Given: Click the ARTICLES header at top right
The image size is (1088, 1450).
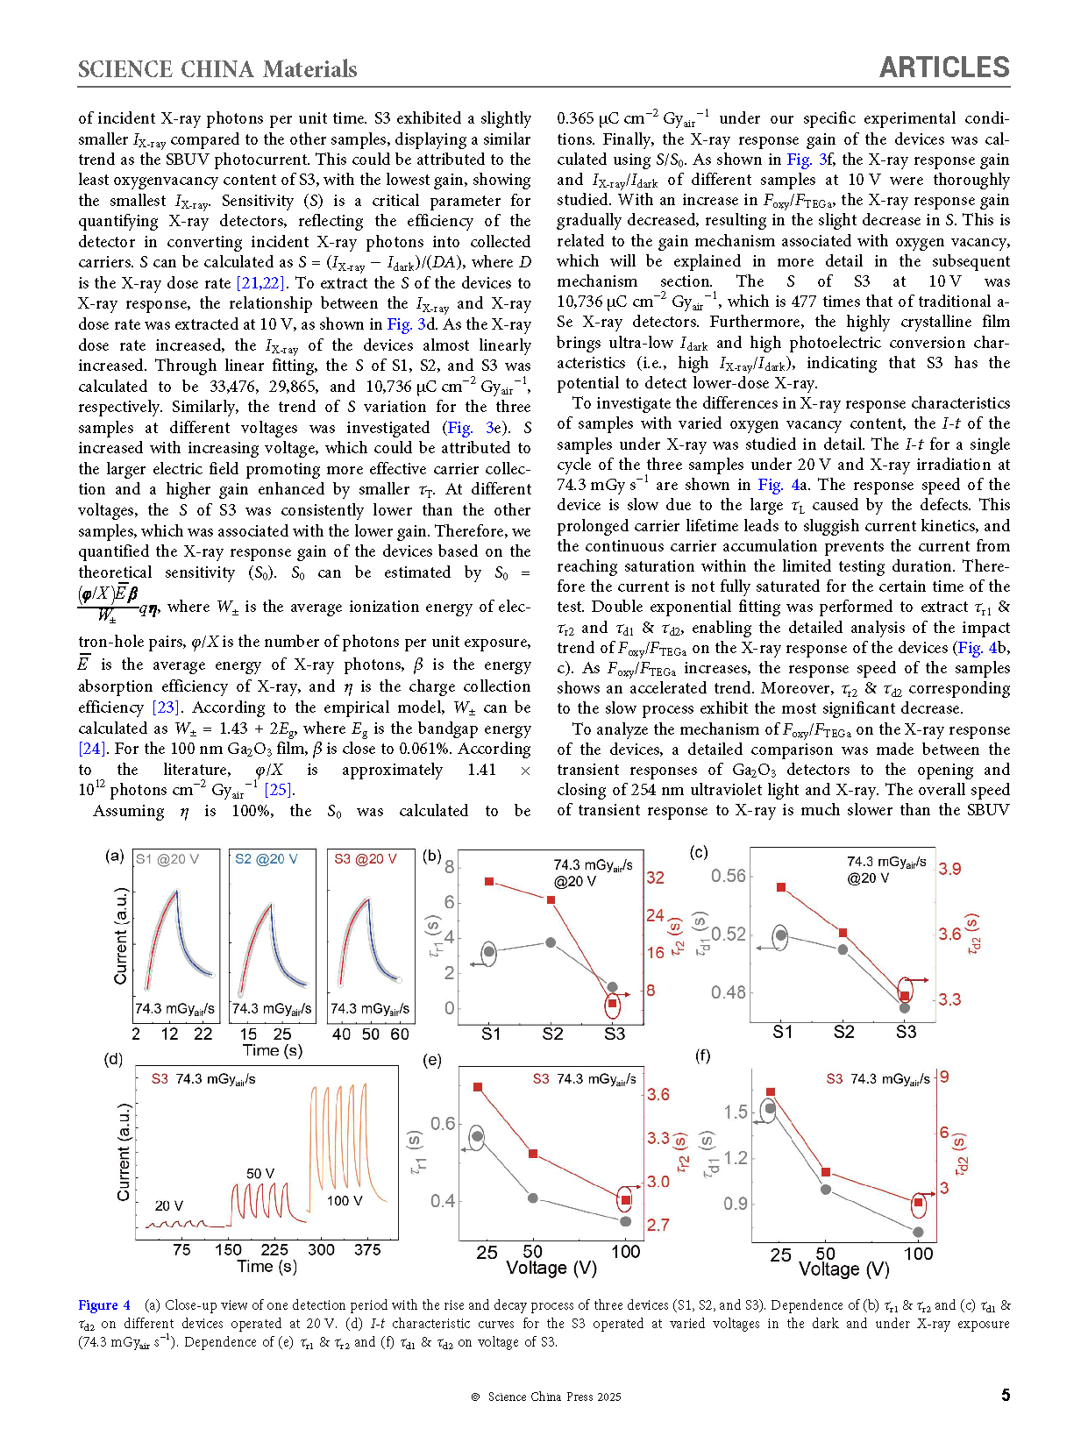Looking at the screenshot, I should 944,68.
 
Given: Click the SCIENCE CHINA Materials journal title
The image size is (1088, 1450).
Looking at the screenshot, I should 217,69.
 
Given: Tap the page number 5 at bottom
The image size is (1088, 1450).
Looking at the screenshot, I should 1006,1395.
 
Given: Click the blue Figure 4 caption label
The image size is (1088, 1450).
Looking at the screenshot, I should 103,1304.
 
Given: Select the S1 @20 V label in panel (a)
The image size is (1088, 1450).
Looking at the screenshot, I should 167,859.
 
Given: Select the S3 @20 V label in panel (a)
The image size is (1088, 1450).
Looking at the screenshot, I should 365,859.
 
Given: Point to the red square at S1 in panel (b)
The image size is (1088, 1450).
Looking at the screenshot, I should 489,881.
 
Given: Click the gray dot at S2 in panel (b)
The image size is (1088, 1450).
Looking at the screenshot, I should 551,942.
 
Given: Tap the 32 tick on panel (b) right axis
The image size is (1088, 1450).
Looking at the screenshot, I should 655,878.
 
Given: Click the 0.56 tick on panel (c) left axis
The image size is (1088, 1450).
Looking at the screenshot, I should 728,876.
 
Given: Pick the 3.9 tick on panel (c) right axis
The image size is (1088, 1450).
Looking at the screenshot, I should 949,869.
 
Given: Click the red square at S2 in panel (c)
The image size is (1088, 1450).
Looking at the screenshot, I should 843,933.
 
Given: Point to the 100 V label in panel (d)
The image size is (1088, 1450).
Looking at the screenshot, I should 345,1200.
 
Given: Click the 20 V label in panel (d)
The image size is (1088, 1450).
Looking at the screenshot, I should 168,1205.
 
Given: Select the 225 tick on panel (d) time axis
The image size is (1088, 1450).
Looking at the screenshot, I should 274,1249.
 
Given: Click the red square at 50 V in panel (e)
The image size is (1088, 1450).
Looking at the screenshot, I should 533,1154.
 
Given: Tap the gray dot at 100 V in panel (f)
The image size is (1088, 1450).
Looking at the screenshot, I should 918,1232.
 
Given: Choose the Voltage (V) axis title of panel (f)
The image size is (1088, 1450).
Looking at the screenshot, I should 843,1269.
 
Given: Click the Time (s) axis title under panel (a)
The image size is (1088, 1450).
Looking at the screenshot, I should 273,1050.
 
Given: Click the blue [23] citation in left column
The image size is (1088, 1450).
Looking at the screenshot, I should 166,707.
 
